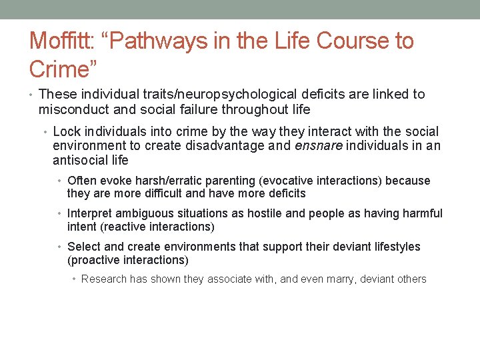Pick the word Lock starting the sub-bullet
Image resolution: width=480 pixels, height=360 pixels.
(65, 131)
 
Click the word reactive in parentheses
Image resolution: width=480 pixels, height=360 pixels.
(124, 227)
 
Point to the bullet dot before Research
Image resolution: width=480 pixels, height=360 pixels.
(75, 279)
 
